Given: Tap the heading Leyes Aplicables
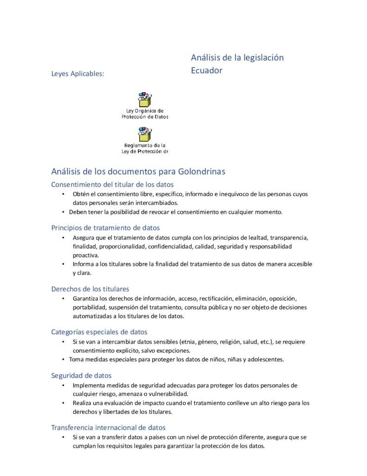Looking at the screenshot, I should (x=77, y=73).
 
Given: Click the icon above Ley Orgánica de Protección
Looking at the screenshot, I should (x=144, y=99).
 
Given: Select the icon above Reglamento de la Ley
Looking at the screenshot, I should (x=144, y=134).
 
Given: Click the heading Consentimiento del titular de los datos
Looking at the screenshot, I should (x=112, y=185).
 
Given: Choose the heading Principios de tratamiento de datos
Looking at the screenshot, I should (x=105, y=228).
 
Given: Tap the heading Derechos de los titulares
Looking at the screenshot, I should (x=90, y=289).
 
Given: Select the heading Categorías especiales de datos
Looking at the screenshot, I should (x=99, y=332).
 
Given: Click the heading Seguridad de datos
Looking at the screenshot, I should (x=81, y=375).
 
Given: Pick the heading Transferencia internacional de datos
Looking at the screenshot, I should (x=108, y=427).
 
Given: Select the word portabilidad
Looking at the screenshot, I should (x=89, y=307).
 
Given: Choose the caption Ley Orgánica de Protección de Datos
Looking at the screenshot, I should (x=145, y=114).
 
